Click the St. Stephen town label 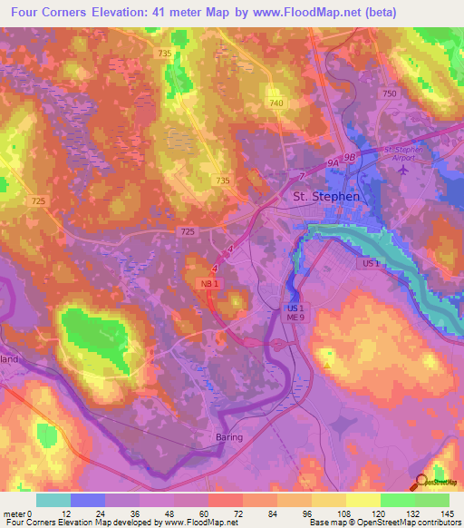point(325,196)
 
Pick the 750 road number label point(391,93)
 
